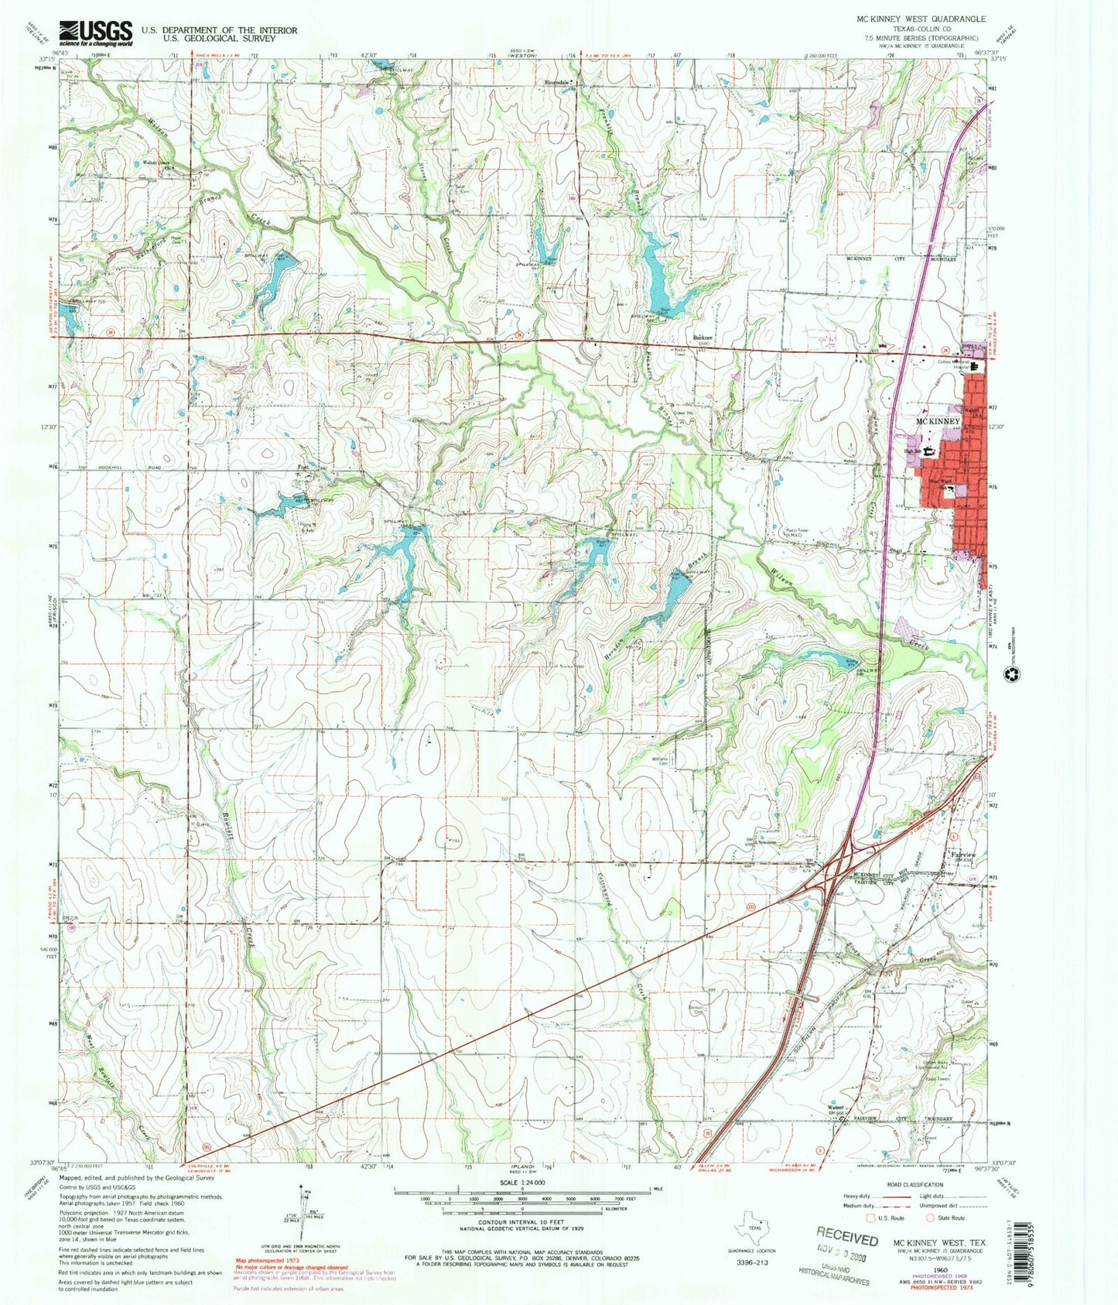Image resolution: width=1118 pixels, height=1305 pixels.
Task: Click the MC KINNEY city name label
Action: pyautogui.click(x=937, y=421)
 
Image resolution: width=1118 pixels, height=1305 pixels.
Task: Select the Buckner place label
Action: pyautogui.click(x=702, y=338)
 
